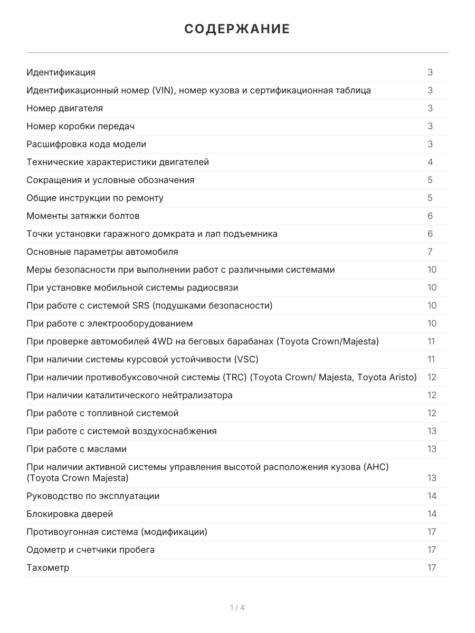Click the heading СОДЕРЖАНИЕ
tap(237, 29)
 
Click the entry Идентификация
tap(61, 72)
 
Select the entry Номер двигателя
tap(64, 108)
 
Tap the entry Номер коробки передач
tap(80, 126)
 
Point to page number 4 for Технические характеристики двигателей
tap(430, 162)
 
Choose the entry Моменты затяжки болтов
tap(83, 216)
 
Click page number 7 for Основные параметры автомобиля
tap(430, 252)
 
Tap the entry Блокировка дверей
tap(70, 514)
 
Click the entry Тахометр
tap(47, 568)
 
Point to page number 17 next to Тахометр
tap(432, 568)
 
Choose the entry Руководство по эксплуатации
tap(93, 496)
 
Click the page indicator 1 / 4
tap(237, 608)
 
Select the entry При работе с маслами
tap(77, 449)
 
